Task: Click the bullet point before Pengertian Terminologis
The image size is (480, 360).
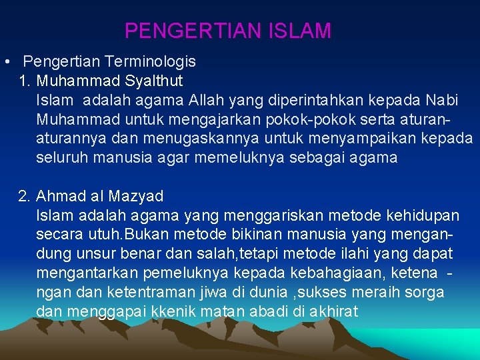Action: coord(5,62)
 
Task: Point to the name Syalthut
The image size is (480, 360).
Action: coord(154,81)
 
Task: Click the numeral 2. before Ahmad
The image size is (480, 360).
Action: coord(25,197)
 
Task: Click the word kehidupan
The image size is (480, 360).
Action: coord(427,216)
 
